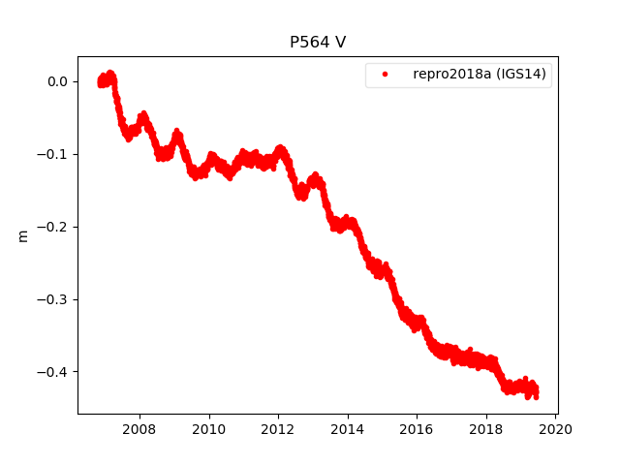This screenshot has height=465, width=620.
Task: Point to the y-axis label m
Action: click(x=23, y=235)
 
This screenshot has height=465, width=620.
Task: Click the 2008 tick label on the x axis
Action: click(x=139, y=429)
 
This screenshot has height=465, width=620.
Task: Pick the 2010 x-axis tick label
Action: click(x=209, y=429)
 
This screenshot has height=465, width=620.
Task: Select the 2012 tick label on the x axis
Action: click(x=278, y=429)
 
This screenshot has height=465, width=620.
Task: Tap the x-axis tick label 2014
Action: click(x=348, y=429)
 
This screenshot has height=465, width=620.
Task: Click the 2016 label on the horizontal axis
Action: click(x=417, y=429)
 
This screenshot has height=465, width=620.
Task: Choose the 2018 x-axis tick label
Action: click(x=486, y=429)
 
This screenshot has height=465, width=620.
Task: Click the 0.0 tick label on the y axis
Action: click(x=56, y=81)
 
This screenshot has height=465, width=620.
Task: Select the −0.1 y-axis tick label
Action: click(x=52, y=154)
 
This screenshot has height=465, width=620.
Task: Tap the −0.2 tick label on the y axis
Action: click(x=52, y=227)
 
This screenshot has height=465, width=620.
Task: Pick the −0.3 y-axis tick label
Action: click(x=52, y=299)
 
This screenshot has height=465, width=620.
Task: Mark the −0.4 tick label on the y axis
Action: click(x=52, y=372)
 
